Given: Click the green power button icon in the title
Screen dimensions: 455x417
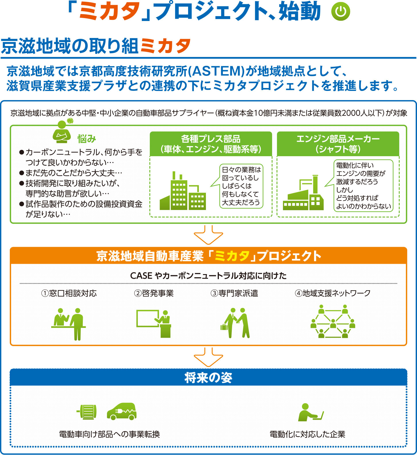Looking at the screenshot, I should (x=341, y=12).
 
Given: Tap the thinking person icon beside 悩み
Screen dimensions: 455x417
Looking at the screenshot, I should (x=62, y=133).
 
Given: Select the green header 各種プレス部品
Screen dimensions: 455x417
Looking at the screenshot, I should (x=211, y=144).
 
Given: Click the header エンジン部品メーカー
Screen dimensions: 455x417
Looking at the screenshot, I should (x=338, y=144).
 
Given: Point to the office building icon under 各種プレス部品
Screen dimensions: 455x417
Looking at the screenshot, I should (x=183, y=192).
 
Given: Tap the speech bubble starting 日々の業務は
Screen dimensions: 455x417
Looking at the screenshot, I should (x=241, y=186).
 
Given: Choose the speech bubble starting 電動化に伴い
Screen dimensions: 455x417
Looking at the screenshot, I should (x=363, y=186).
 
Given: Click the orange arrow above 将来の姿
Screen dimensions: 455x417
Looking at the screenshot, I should (x=208, y=357).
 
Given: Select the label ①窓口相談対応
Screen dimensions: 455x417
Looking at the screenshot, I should (x=69, y=293).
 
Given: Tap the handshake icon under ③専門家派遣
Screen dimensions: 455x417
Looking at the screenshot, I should (x=237, y=323).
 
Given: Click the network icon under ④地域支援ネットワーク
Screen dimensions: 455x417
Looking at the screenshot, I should (x=333, y=322).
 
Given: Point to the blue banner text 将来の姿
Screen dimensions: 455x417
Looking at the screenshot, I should (x=208, y=378).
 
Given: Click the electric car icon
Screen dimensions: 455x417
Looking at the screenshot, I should (x=122, y=412).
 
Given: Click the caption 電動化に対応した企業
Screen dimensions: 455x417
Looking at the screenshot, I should (x=307, y=434).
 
